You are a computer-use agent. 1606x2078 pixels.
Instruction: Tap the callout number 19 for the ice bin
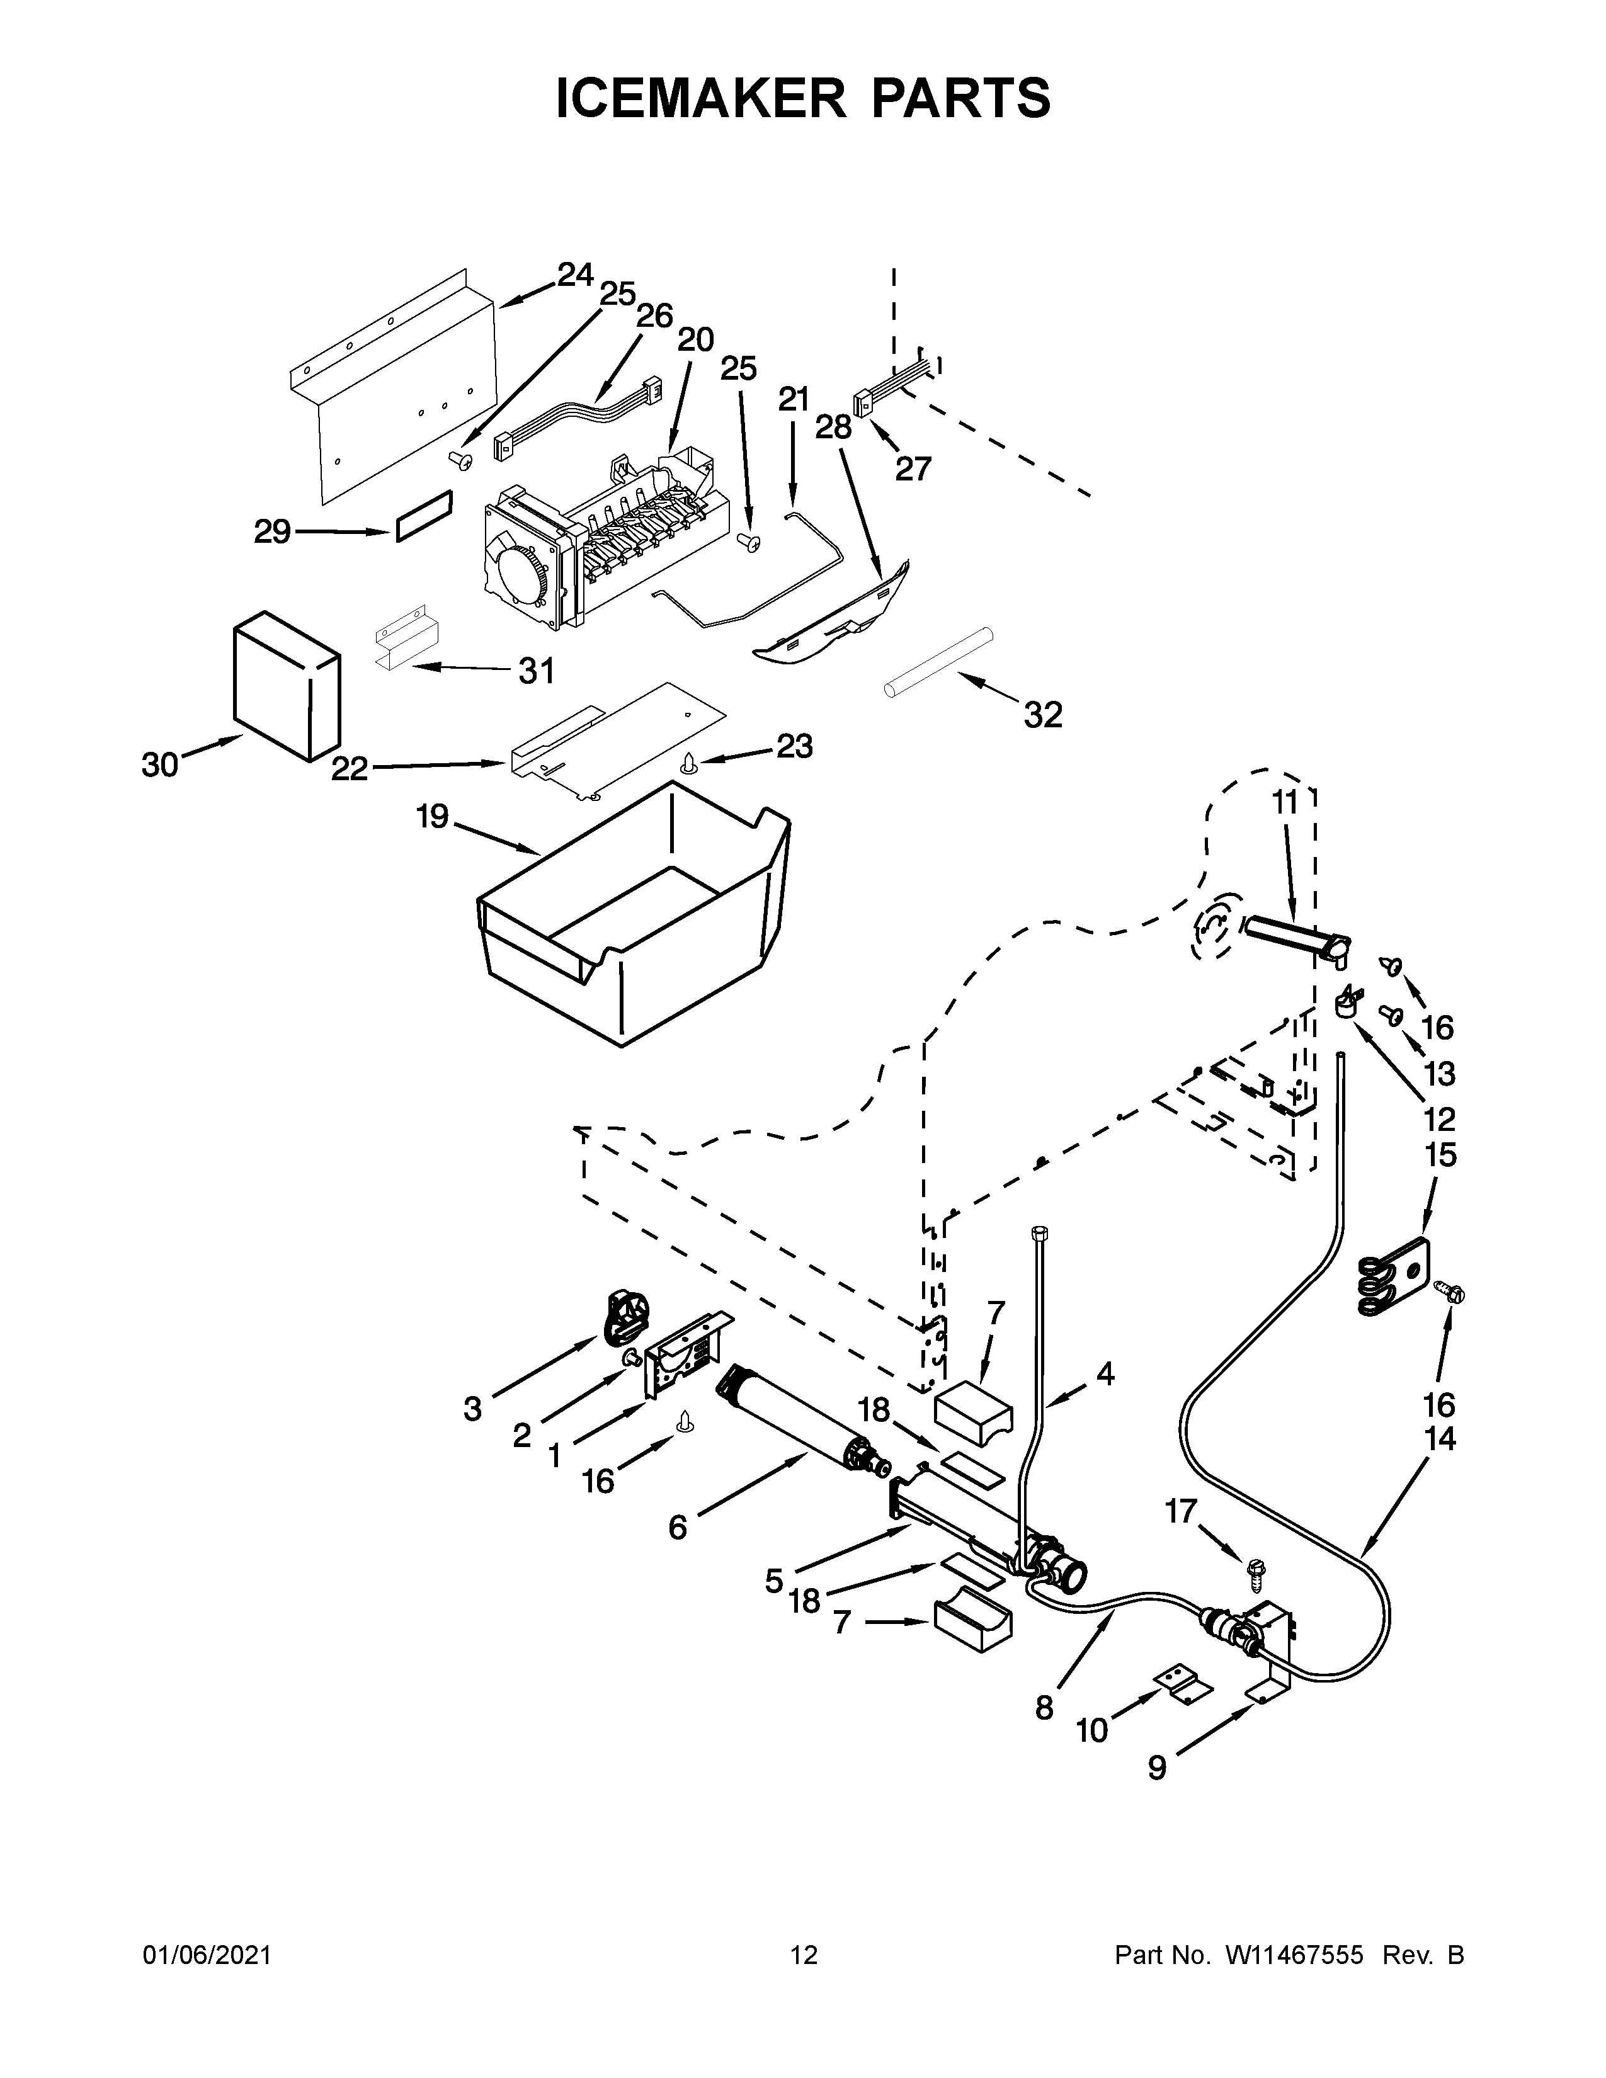(x=432, y=816)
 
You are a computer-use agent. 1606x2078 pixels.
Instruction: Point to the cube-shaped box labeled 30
(x=285, y=685)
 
